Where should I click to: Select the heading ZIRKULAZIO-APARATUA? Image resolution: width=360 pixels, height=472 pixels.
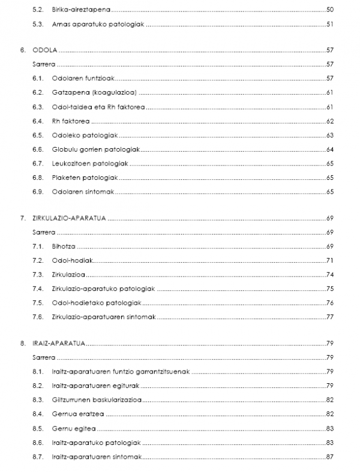69,218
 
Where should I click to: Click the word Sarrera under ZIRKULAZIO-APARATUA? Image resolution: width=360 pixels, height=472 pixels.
43,232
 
